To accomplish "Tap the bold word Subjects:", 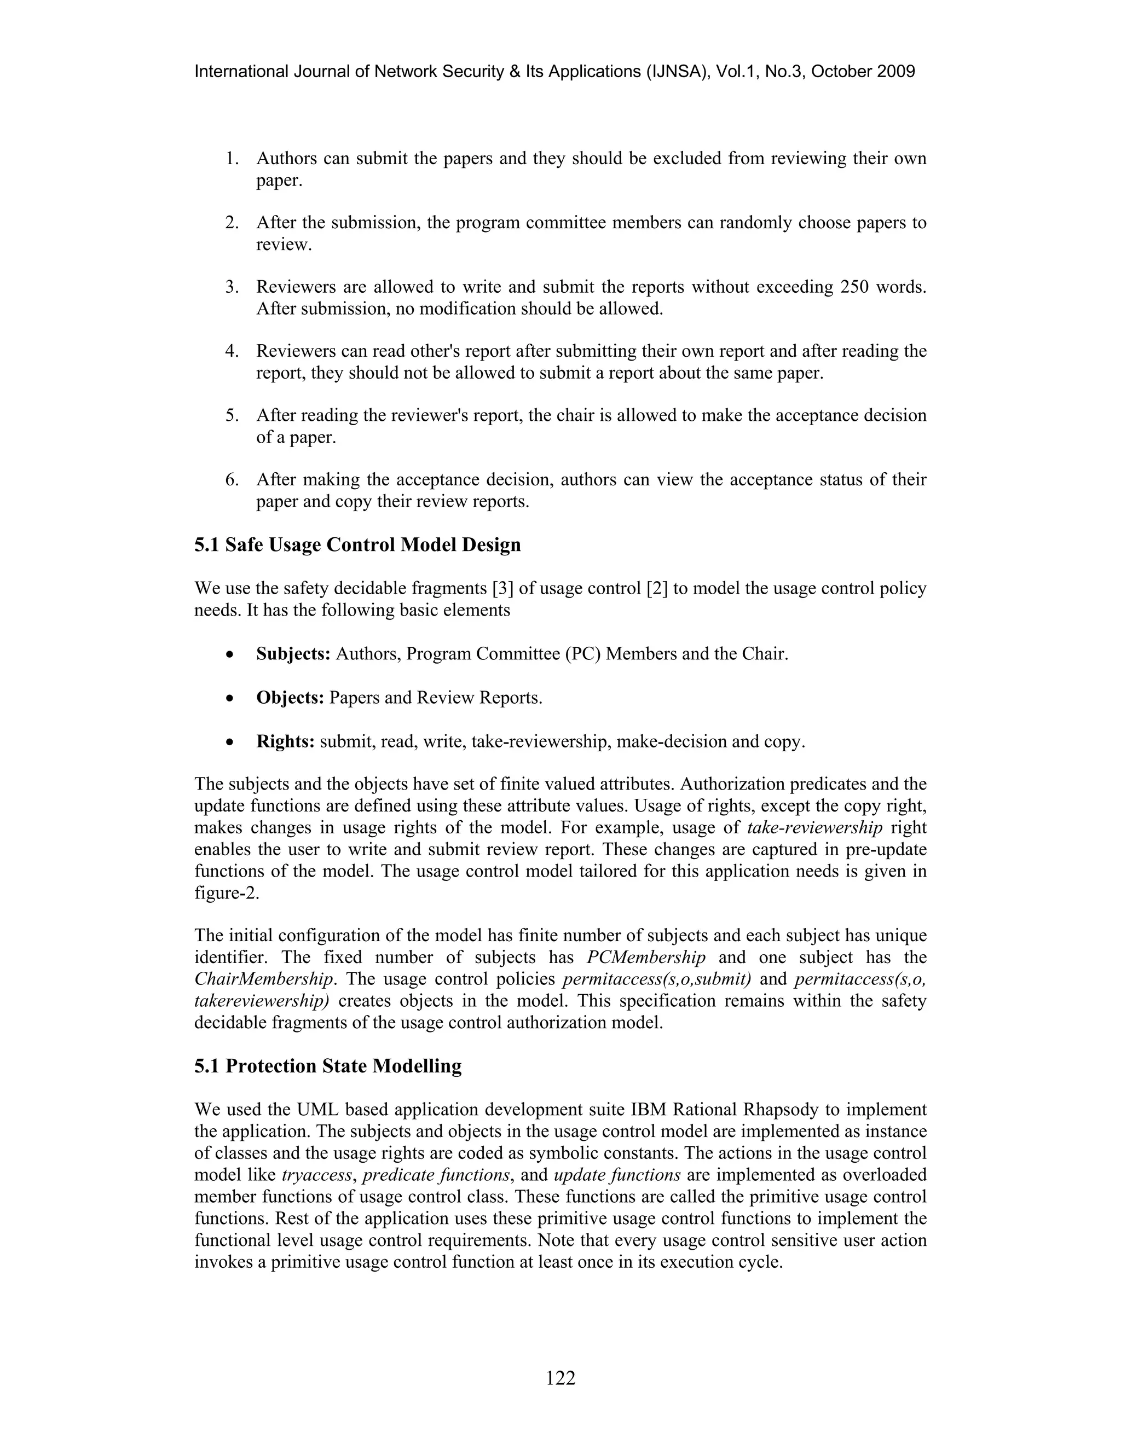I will (x=293, y=654).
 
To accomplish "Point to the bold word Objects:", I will (x=290, y=698).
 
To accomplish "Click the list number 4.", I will (x=231, y=351).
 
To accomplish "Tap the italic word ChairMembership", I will (x=264, y=979).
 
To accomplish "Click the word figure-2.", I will (x=227, y=893).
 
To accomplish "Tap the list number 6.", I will (x=231, y=479).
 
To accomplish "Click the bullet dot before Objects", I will (x=229, y=698).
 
